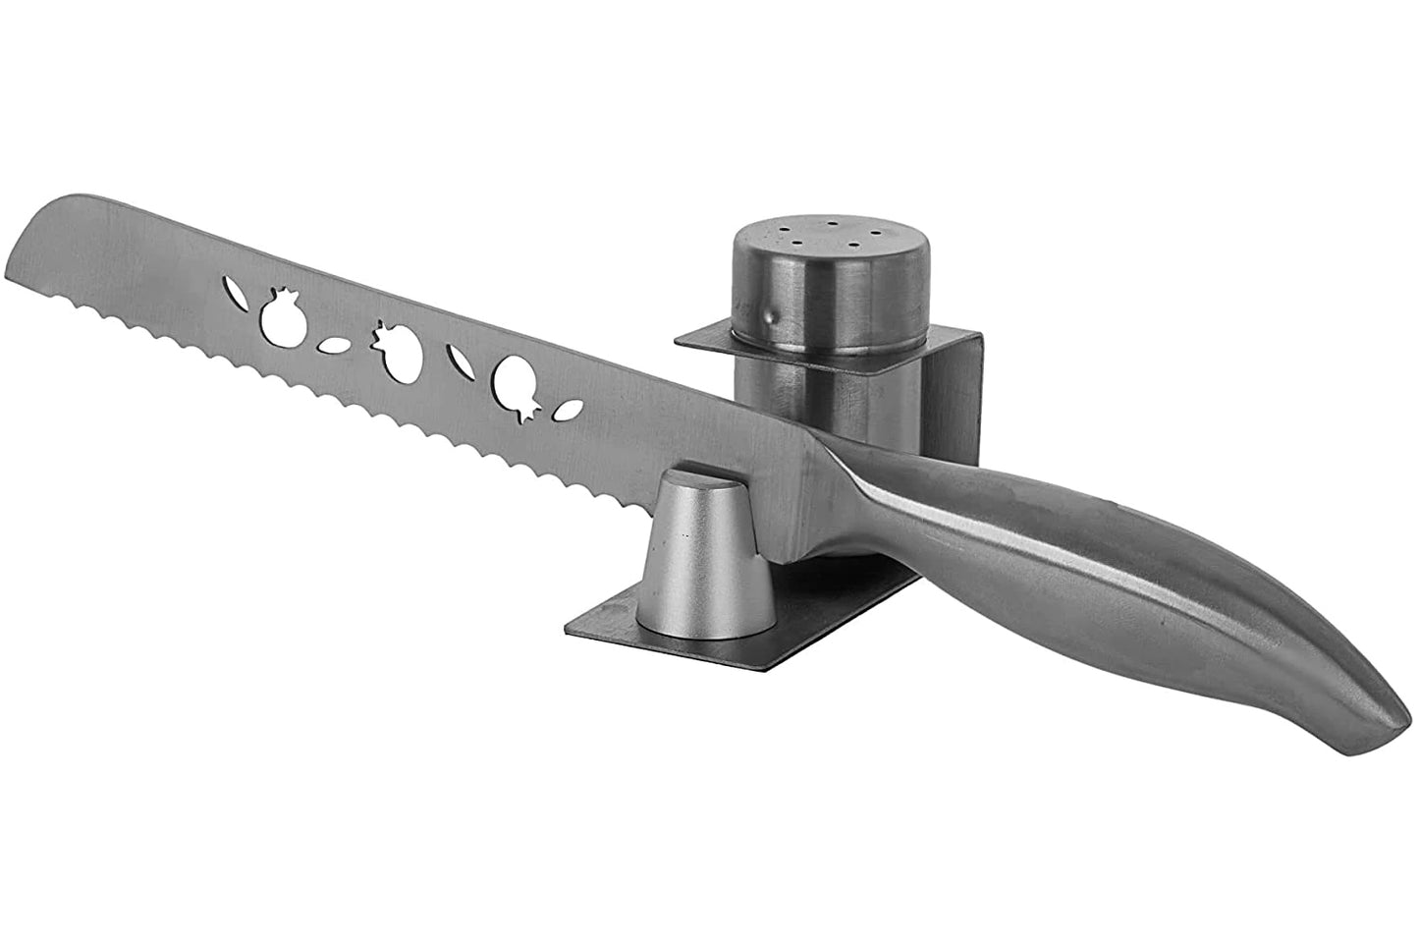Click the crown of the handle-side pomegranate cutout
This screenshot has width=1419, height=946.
tap(524, 417)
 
